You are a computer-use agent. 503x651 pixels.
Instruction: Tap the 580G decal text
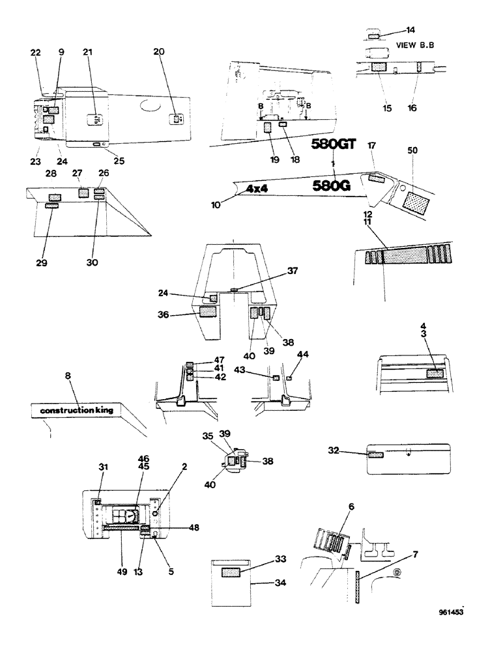point(332,186)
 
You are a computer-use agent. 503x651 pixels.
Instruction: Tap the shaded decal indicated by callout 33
point(231,572)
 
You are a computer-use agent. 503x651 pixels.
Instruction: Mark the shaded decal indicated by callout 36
point(208,312)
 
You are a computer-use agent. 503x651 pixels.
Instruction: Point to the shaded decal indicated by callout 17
point(377,178)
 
